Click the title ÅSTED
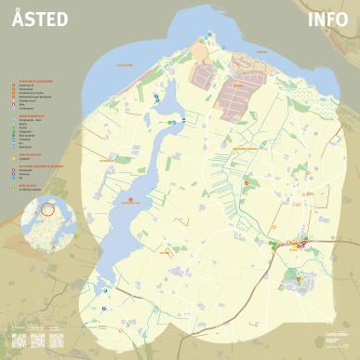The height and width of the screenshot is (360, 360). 40,20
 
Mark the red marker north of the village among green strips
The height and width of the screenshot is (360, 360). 247,183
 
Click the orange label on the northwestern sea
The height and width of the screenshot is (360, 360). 124,65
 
